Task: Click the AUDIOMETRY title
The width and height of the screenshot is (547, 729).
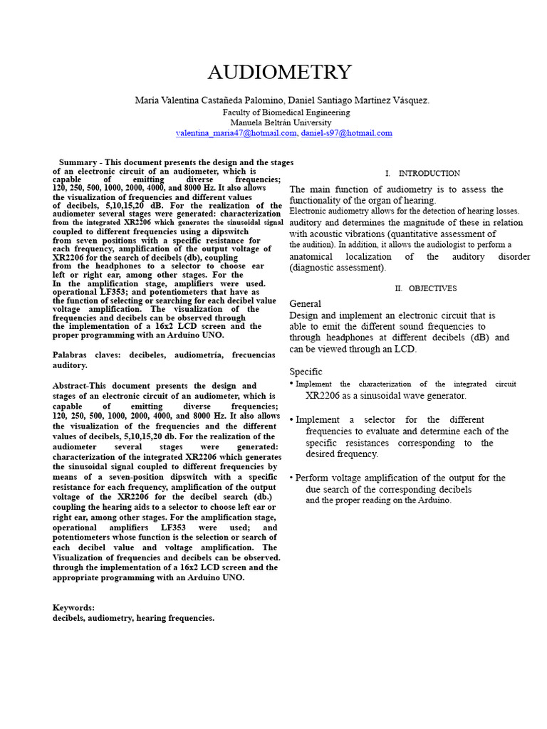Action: [x=279, y=72]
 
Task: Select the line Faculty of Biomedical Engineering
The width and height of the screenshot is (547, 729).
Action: [x=286, y=112]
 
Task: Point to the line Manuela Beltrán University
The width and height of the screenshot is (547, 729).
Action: [x=286, y=122]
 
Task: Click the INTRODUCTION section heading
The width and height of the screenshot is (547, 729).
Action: [x=429, y=174]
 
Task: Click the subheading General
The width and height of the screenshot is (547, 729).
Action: [x=305, y=304]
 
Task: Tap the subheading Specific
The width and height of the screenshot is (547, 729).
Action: [x=306, y=372]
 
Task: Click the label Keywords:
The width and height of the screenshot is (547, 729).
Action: [x=73, y=607]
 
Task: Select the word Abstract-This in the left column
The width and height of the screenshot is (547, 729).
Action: [x=81, y=385]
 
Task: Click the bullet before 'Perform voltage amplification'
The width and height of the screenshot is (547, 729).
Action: [x=292, y=478]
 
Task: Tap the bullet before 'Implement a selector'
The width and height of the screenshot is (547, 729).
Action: [x=292, y=420]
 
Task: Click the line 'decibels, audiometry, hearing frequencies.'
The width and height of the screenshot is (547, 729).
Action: [x=133, y=619]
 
